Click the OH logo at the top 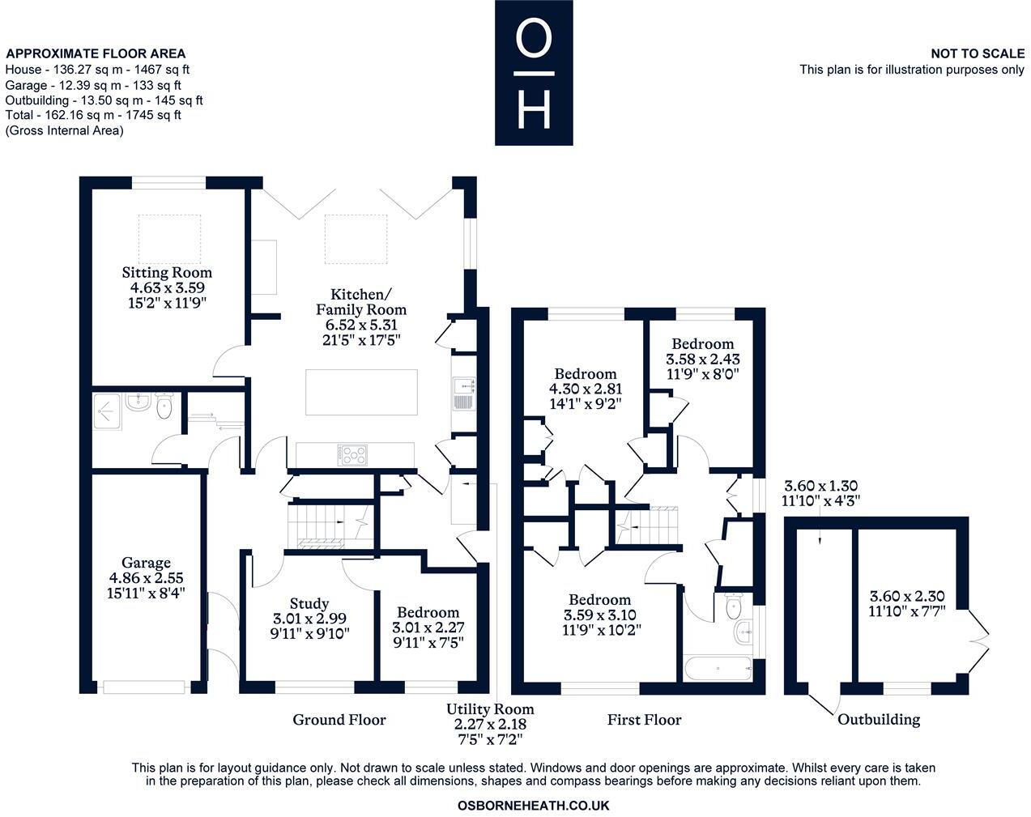pos(534,72)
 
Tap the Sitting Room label pos(167,272)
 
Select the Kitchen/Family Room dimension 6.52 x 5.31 pos(361,325)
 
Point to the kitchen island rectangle pos(361,392)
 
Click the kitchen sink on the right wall pos(463,394)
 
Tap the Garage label pos(146,563)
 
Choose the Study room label pos(309,603)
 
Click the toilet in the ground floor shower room pos(164,409)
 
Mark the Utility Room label pos(490,709)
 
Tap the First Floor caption pos(645,719)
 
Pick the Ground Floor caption pos(339,719)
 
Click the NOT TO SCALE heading pos(977,53)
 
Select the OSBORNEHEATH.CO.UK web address pos(533,806)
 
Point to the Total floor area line pos(93,115)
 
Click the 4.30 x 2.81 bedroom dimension pos(586,389)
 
